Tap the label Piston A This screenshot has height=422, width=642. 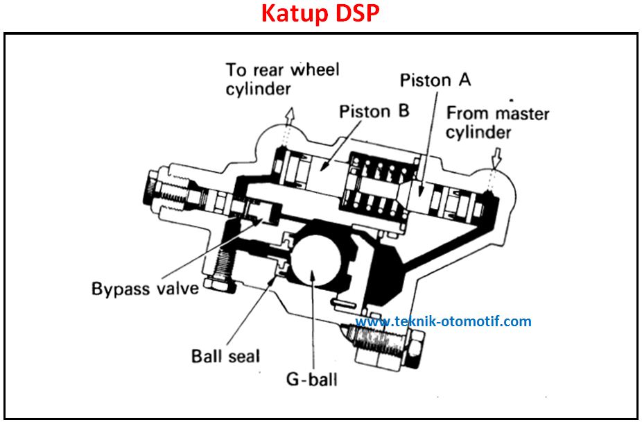coord(435,81)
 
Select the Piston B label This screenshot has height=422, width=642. coord(374,111)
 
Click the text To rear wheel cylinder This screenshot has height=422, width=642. coord(282,79)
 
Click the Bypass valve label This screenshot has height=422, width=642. coord(145,288)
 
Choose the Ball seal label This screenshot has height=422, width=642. coord(225,356)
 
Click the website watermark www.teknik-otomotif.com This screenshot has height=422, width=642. coord(443,321)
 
